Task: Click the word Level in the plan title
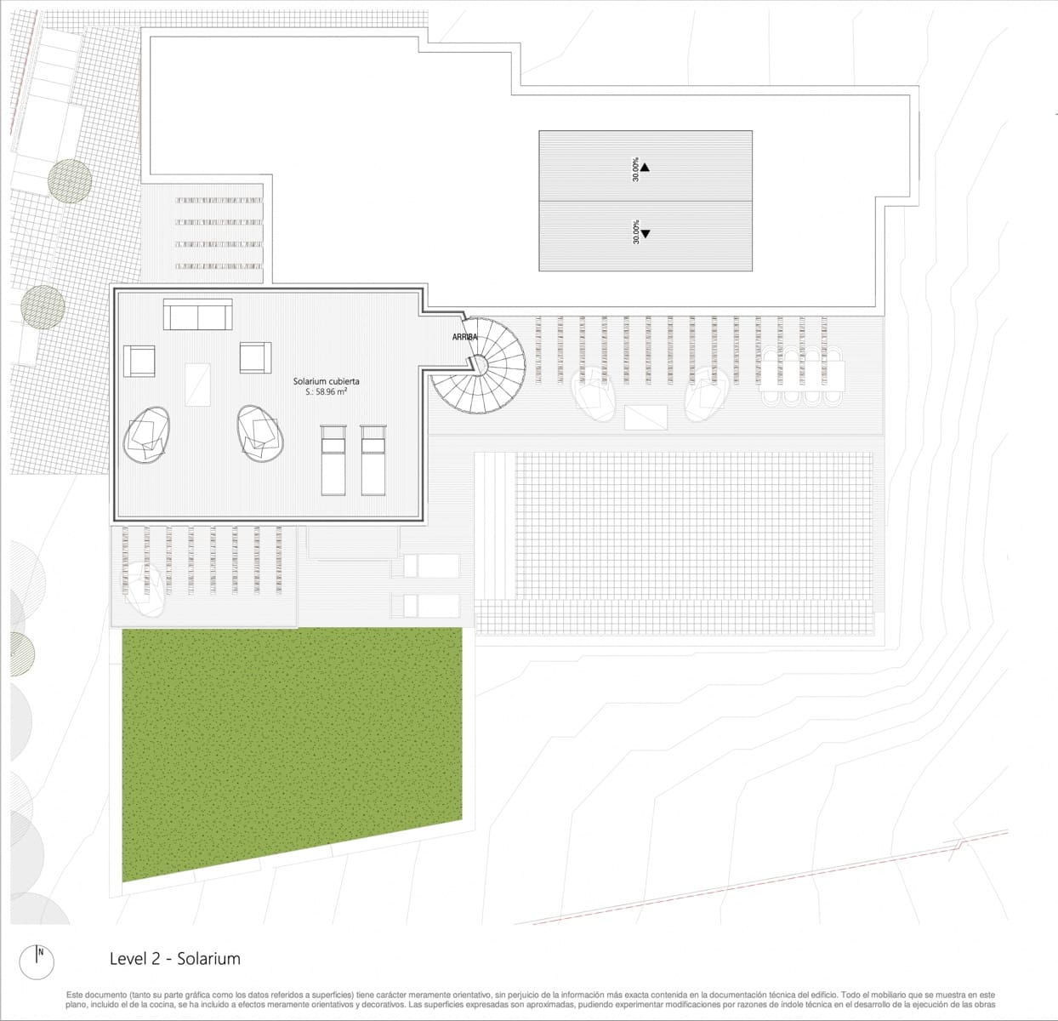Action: coord(128,959)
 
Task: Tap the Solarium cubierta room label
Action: coord(326,381)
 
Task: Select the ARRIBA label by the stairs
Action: coord(464,337)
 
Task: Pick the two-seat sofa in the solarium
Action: coord(197,315)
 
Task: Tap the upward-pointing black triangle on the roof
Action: coord(645,167)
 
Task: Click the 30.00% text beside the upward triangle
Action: coord(634,169)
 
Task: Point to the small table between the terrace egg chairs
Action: coord(646,418)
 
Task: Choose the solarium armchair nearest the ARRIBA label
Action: coord(255,357)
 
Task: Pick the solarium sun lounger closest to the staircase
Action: coord(373,459)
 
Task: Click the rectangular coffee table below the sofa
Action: coord(197,384)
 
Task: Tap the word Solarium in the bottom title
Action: coord(209,959)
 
